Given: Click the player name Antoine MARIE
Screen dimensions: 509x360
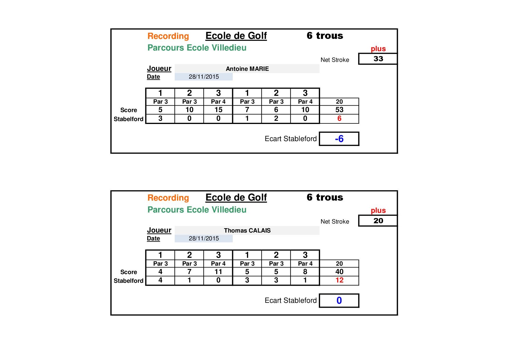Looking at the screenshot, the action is [x=247, y=69].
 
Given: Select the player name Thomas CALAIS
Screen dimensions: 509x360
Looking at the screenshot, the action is [x=247, y=231].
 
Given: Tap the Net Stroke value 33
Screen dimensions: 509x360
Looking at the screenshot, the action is [x=378, y=59].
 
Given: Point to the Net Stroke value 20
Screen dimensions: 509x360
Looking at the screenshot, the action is [x=378, y=221].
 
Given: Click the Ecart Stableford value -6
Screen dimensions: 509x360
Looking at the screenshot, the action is [x=339, y=139].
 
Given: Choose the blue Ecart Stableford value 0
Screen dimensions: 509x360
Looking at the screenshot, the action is [x=339, y=300].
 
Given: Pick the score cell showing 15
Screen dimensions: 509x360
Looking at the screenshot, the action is [x=218, y=110].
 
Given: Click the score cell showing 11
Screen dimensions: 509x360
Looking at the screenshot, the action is [x=218, y=272].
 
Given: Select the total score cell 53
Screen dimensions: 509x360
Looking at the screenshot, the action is [x=339, y=110].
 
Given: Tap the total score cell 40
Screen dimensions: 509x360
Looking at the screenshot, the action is [x=339, y=272].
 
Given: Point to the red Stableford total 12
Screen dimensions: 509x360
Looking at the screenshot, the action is [x=339, y=280].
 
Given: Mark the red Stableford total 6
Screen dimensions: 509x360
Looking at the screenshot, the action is [x=339, y=118].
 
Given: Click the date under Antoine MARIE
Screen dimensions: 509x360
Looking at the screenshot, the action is [x=204, y=77].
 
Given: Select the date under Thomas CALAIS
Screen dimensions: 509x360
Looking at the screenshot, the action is [x=204, y=238].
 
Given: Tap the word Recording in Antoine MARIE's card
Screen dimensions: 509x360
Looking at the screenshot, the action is [x=168, y=36].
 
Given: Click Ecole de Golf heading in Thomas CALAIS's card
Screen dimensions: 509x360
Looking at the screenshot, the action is [x=236, y=197].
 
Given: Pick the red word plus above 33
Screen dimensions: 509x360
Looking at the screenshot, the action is [x=378, y=49].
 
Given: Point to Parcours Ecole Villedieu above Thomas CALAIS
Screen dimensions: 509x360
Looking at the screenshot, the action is [x=197, y=210].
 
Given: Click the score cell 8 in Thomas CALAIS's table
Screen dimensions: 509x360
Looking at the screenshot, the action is [x=305, y=272].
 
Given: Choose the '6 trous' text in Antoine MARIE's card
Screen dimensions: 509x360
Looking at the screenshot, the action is [x=325, y=36].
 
